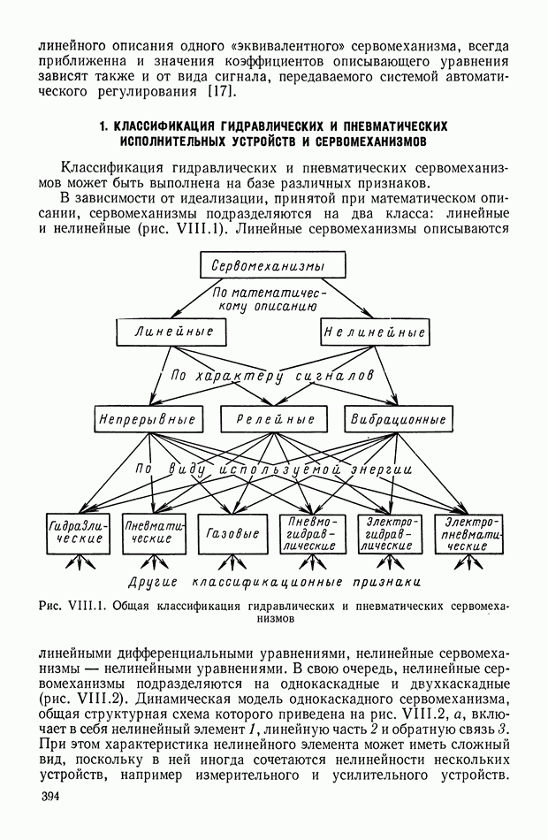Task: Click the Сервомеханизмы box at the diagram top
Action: tap(272, 265)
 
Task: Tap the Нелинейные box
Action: tap(374, 332)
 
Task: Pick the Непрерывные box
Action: tap(148, 419)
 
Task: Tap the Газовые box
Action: tap(232, 533)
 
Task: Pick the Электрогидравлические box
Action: tap(390, 533)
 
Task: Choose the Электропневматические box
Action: tap(468, 533)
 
